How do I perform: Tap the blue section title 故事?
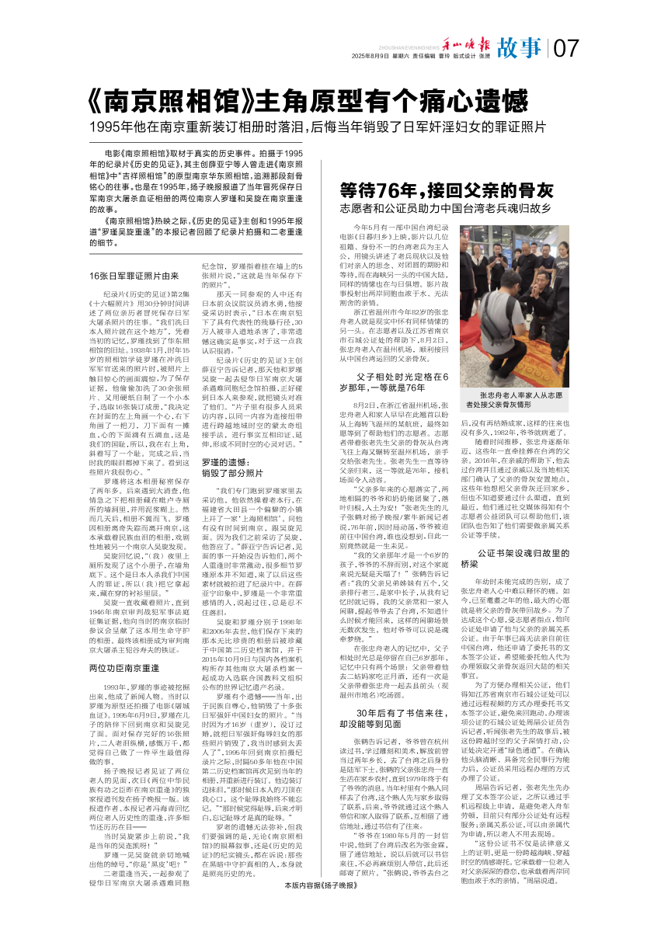520,49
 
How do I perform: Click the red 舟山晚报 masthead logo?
466,44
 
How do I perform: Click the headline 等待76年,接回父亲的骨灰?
447,191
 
